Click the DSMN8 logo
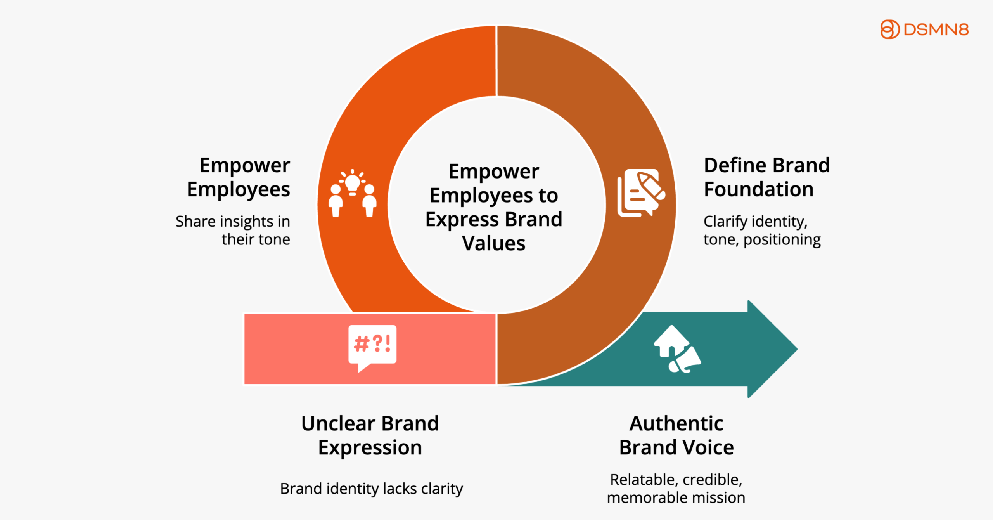pos(924,29)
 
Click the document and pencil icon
pos(641,192)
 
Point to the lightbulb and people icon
pos(353,193)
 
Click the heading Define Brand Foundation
pos(766,177)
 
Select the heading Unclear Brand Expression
pos(370,435)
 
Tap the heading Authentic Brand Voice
pos(676,435)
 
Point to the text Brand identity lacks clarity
pos(372,489)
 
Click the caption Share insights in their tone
pos(233,230)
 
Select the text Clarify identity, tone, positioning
pos(762,230)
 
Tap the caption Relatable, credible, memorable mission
pos(676,489)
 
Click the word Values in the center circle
pos(493,244)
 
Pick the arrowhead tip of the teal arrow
pos(798,349)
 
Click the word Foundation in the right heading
pos(759,189)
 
